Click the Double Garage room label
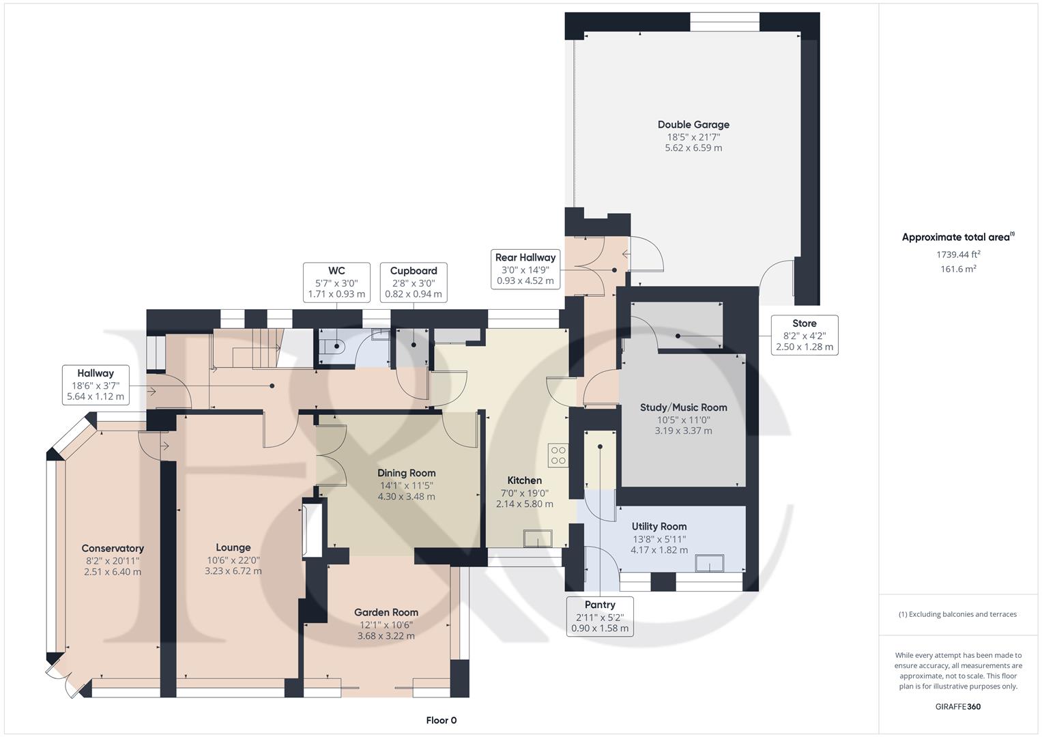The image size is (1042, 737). pos(693,125)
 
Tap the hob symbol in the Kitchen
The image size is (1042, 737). pos(558,454)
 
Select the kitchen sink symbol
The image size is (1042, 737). pos(538,538)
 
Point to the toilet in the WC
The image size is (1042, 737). pos(336,347)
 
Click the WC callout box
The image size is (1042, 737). pos(336,283)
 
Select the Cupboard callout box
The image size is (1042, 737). pos(414,283)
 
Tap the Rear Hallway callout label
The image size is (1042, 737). pos(525,269)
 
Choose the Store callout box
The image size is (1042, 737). pos(805,335)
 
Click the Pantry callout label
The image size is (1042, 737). pos(600,616)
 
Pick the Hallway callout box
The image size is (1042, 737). pos(96,385)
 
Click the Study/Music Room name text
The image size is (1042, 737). pos(683,407)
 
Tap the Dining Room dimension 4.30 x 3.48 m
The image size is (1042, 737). pos(406,497)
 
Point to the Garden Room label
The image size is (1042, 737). pos(386,612)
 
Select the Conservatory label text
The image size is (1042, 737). pos(113,548)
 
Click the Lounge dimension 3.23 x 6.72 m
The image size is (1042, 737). pos(233,571)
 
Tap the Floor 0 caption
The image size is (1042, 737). pos(442,720)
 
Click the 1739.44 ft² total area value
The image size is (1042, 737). pos(958,255)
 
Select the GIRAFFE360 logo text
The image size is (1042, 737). pos(957,706)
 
